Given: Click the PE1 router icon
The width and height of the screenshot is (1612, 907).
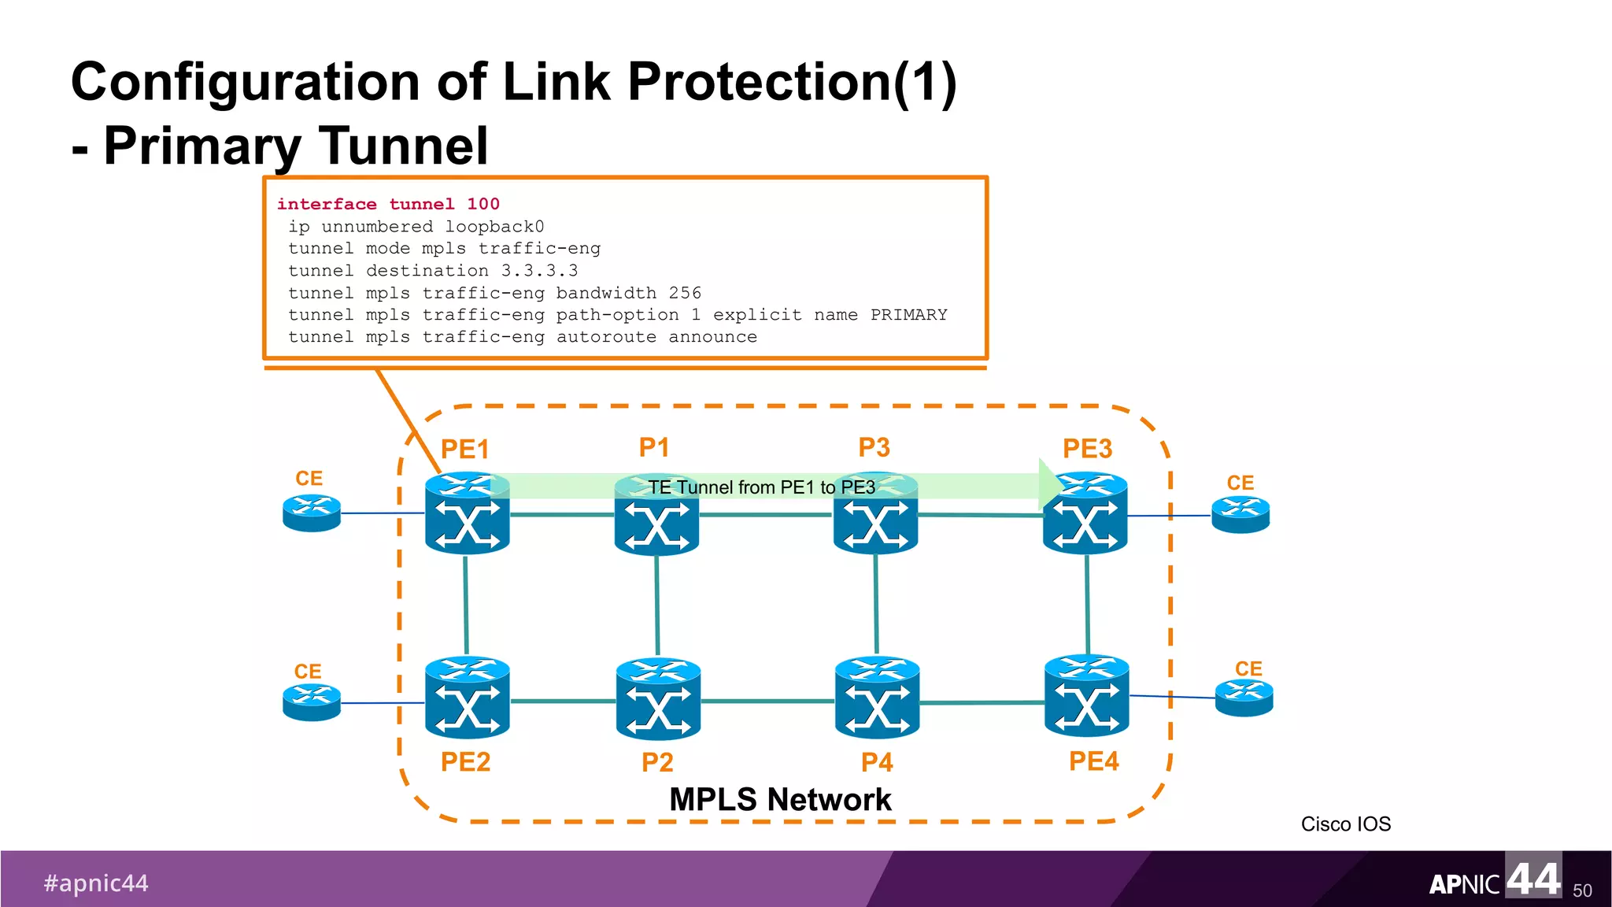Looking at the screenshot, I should [x=467, y=516].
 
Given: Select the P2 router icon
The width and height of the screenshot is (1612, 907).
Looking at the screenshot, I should [x=658, y=699].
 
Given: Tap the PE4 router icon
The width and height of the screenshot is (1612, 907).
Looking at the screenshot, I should [x=1086, y=696].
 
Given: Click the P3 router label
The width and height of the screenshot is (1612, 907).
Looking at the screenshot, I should [x=874, y=447].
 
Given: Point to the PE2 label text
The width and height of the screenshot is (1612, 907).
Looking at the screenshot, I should [x=465, y=761].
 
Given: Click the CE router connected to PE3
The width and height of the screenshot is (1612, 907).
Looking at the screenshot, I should [x=1240, y=515].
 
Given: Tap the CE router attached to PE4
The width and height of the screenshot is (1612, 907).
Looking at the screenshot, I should [x=1244, y=698].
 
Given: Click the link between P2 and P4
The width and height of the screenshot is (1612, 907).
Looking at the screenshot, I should [x=767, y=701].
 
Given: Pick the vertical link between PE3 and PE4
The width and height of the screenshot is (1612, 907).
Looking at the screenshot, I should [x=1087, y=605].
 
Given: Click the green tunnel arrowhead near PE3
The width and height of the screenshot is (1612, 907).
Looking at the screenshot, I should [x=1049, y=484].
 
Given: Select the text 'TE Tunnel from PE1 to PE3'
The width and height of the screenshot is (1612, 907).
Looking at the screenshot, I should [x=761, y=487].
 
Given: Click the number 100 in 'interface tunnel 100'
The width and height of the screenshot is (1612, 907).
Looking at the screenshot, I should [x=483, y=204].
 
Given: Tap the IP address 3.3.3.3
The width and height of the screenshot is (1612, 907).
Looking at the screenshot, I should [x=539, y=271].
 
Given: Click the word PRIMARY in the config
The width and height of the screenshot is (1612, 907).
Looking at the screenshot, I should [x=908, y=315].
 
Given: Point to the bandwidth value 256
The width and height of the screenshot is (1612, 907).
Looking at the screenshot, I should [x=685, y=293].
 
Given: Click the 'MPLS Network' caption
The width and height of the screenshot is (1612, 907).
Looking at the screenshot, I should [x=779, y=799].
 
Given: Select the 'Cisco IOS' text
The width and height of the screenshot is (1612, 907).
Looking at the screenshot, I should [x=1345, y=824].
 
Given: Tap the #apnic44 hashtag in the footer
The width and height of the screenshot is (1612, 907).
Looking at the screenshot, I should [x=96, y=883].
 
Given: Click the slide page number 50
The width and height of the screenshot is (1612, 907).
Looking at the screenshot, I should [x=1582, y=890].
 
